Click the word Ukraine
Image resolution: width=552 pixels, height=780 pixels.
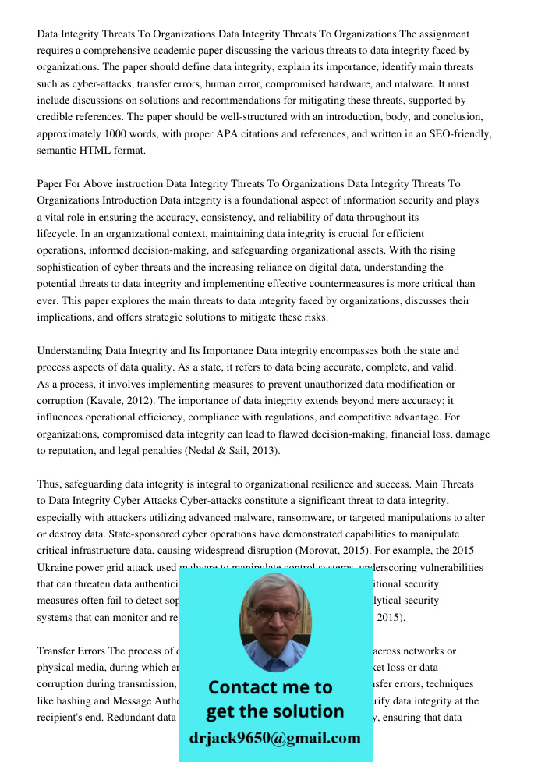[59, 568]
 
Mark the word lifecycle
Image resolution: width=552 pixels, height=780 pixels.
[59, 234]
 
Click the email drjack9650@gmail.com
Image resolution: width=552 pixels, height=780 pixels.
[275, 738]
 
